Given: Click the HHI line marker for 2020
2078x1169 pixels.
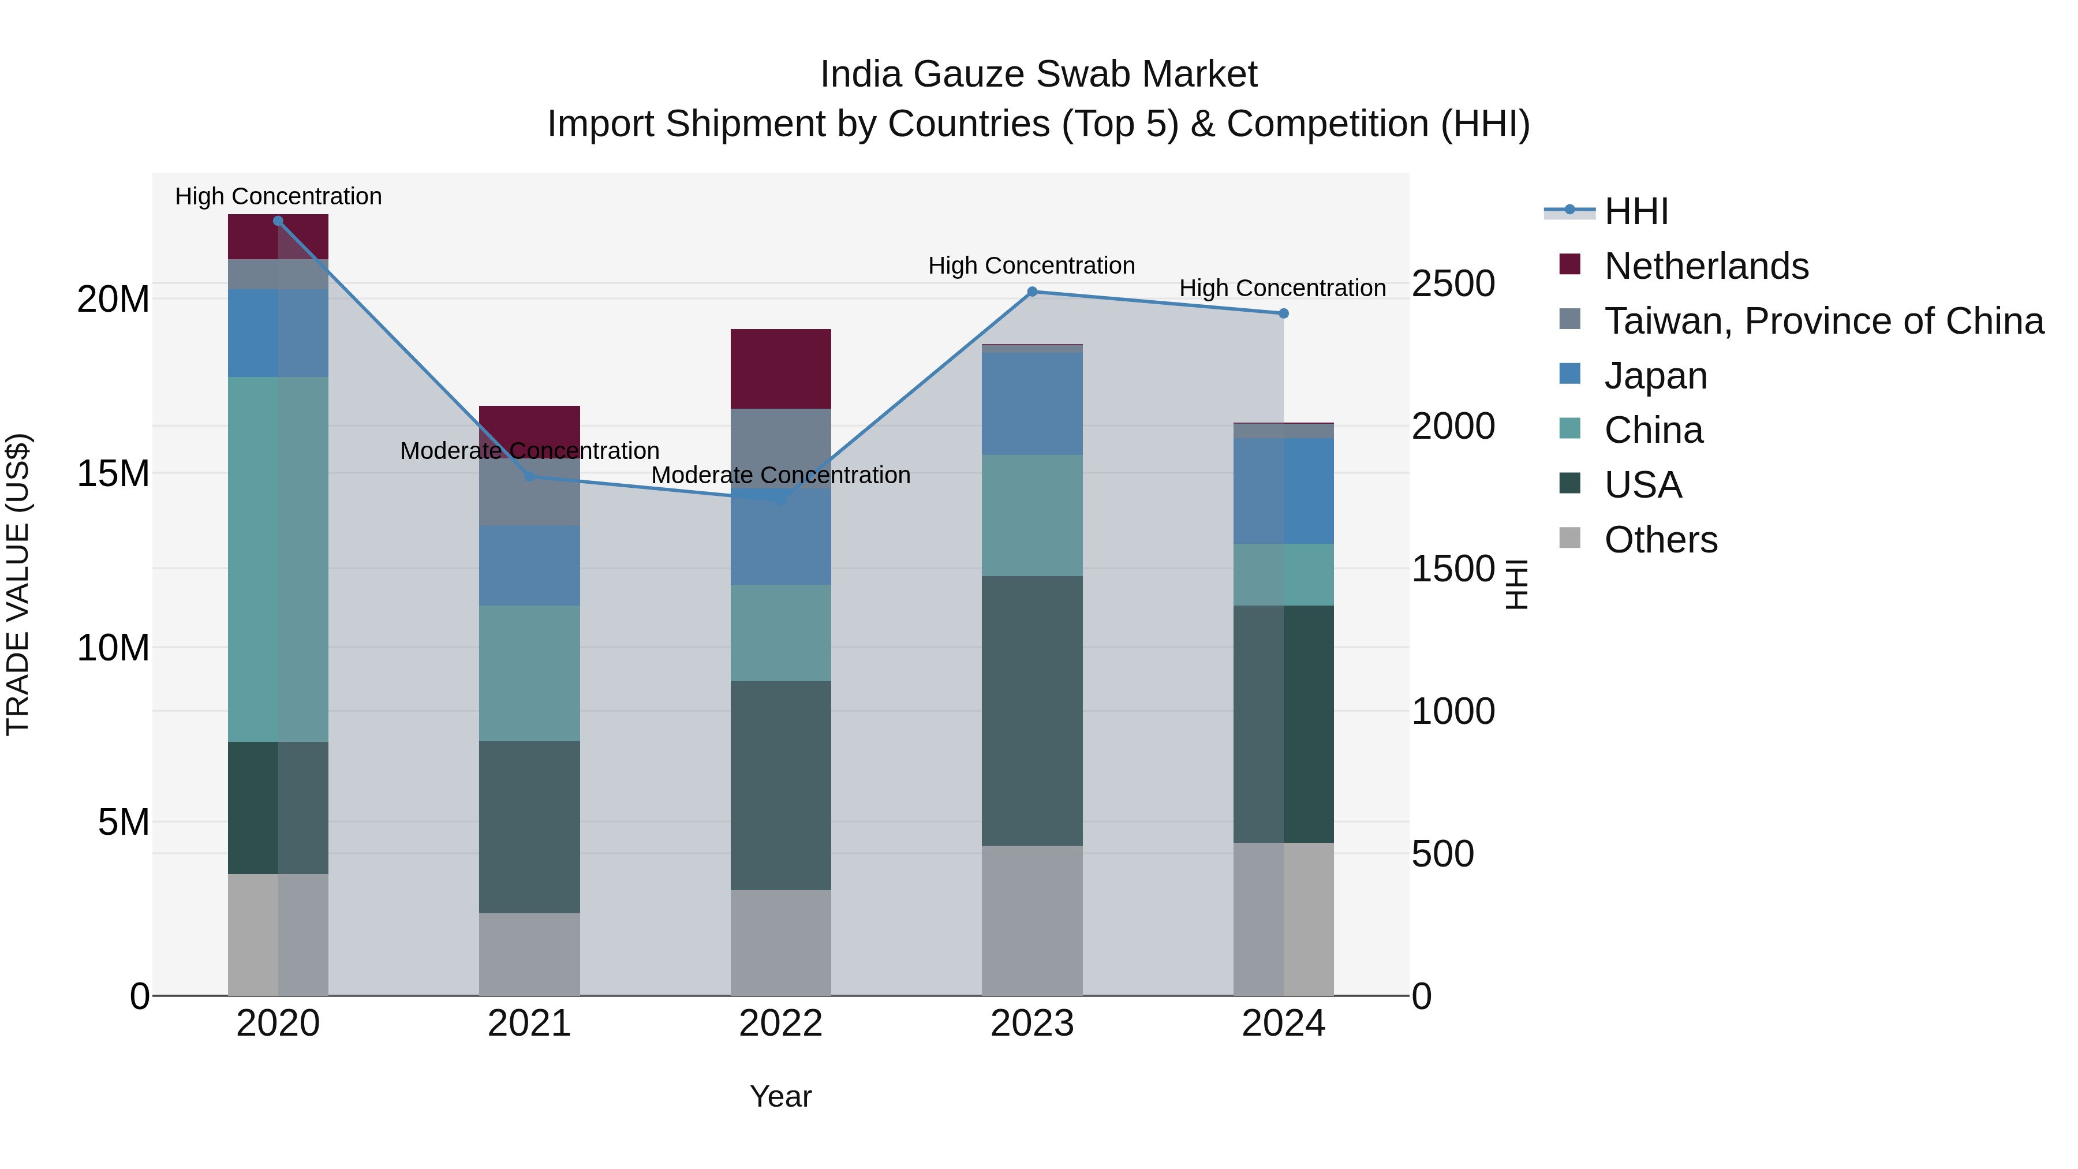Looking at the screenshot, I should coord(278,221).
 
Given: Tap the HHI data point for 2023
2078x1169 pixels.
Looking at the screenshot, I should coord(1031,292).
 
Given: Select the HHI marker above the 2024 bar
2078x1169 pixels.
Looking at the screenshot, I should coord(1283,313).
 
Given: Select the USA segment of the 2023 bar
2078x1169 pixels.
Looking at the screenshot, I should coord(1031,710).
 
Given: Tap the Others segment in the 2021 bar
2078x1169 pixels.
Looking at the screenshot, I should coord(529,954).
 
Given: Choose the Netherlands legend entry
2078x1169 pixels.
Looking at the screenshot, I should coord(1706,266).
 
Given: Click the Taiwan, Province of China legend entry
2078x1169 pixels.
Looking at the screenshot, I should coord(1823,321).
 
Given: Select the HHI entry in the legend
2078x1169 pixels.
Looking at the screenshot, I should coord(1635,211).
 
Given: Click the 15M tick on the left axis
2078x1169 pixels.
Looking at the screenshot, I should coord(113,473).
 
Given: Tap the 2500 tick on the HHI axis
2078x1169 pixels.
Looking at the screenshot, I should coord(1453,284).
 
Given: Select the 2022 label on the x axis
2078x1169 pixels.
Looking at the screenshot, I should coord(780,1024).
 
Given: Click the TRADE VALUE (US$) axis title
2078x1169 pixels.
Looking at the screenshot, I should coord(18,584).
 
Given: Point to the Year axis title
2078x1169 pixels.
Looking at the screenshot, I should coord(780,1096).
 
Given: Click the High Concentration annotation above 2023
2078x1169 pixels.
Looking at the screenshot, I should coord(1031,266).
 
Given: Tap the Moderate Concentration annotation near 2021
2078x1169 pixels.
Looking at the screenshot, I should coord(529,451).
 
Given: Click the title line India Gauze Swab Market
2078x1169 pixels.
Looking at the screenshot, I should coord(1038,74).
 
